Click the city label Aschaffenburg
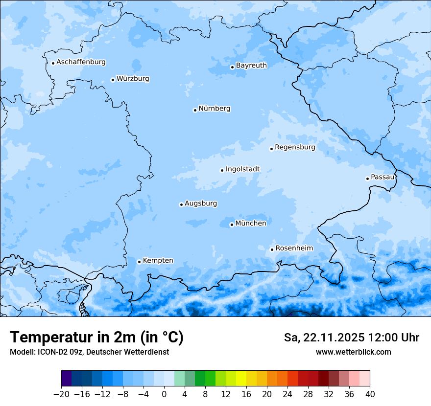point(81,62)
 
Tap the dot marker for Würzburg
point(113,80)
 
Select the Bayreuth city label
point(251,65)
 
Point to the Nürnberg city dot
point(195,110)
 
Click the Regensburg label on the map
point(295,147)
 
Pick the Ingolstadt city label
point(242,169)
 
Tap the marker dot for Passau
point(367,179)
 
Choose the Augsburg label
point(201,203)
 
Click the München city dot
point(232,225)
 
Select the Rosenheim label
point(294,248)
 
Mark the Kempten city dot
point(139,262)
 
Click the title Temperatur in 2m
point(96,337)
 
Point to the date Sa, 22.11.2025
point(324,338)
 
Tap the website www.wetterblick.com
point(353,352)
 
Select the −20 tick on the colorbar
point(61,394)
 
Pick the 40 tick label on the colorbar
point(370,394)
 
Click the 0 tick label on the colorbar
point(164,394)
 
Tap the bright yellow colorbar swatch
point(241,379)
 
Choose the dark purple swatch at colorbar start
point(66,379)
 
